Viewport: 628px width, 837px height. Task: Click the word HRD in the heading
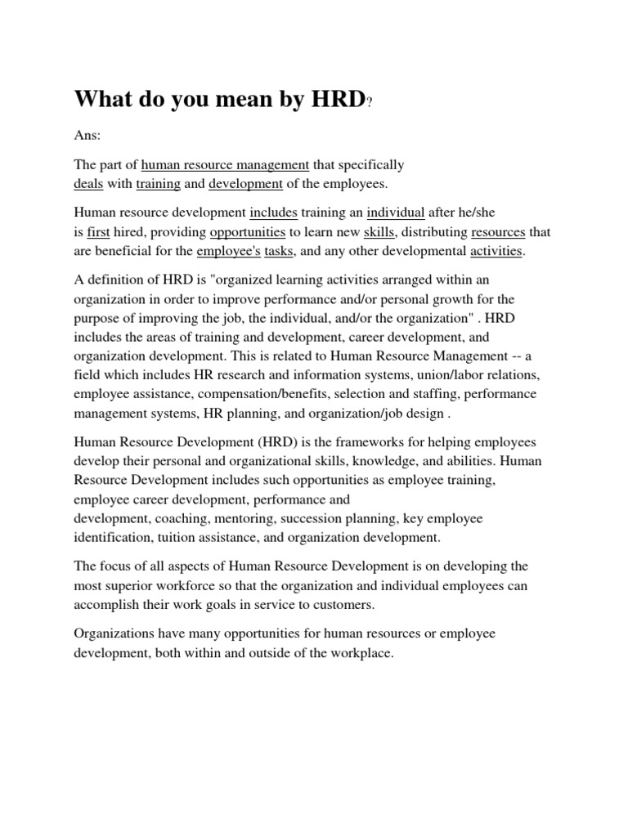pyautogui.click(x=334, y=99)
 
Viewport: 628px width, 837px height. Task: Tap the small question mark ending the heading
pyautogui.click(x=370, y=103)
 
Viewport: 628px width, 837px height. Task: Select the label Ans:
pyautogui.click(x=87, y=133)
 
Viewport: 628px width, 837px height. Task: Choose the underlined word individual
pyautogui.click(x=395, y=213)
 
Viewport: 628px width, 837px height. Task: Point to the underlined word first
pyautogui.click(x=98, y=232)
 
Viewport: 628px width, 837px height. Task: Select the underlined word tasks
pyautogui.click(x=286, y=251)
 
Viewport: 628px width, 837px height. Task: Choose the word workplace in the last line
pyautogui.click(x=357, y=653)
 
